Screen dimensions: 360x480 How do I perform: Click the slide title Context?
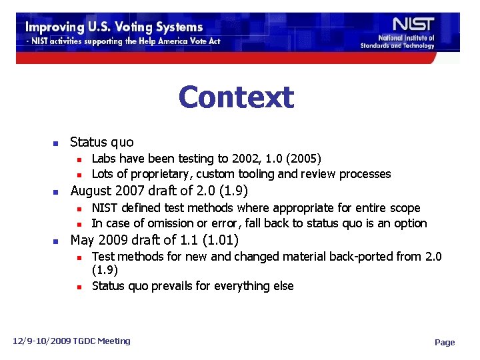(x=235, y=97)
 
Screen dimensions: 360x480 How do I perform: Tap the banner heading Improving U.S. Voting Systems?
(x=114, y=27)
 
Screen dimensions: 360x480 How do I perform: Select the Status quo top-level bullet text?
(x=101, y=142)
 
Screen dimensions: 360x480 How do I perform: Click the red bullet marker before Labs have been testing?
(x=78, y=159)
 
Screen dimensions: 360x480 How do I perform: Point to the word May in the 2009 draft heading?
(x=82, y=240)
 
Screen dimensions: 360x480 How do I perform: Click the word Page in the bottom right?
(x=445, y=343)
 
